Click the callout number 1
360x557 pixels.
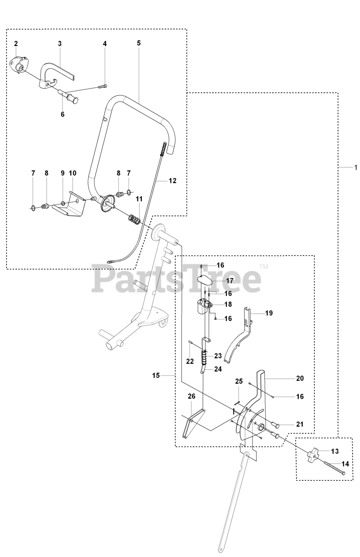(355, 167)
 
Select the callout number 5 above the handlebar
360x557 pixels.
(139, 43)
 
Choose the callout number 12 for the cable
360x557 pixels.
(172, 181)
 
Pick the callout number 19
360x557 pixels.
(269, 313)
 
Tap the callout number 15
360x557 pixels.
(156, 375)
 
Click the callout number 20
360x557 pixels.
(300, 379)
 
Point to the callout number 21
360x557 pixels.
(300, 424)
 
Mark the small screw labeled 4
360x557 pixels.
(105, 86)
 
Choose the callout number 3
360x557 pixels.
(60, 43)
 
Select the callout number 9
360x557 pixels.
(62, 173)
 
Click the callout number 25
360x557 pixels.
(239, 381)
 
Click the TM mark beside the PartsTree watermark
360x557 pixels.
(263, 266)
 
